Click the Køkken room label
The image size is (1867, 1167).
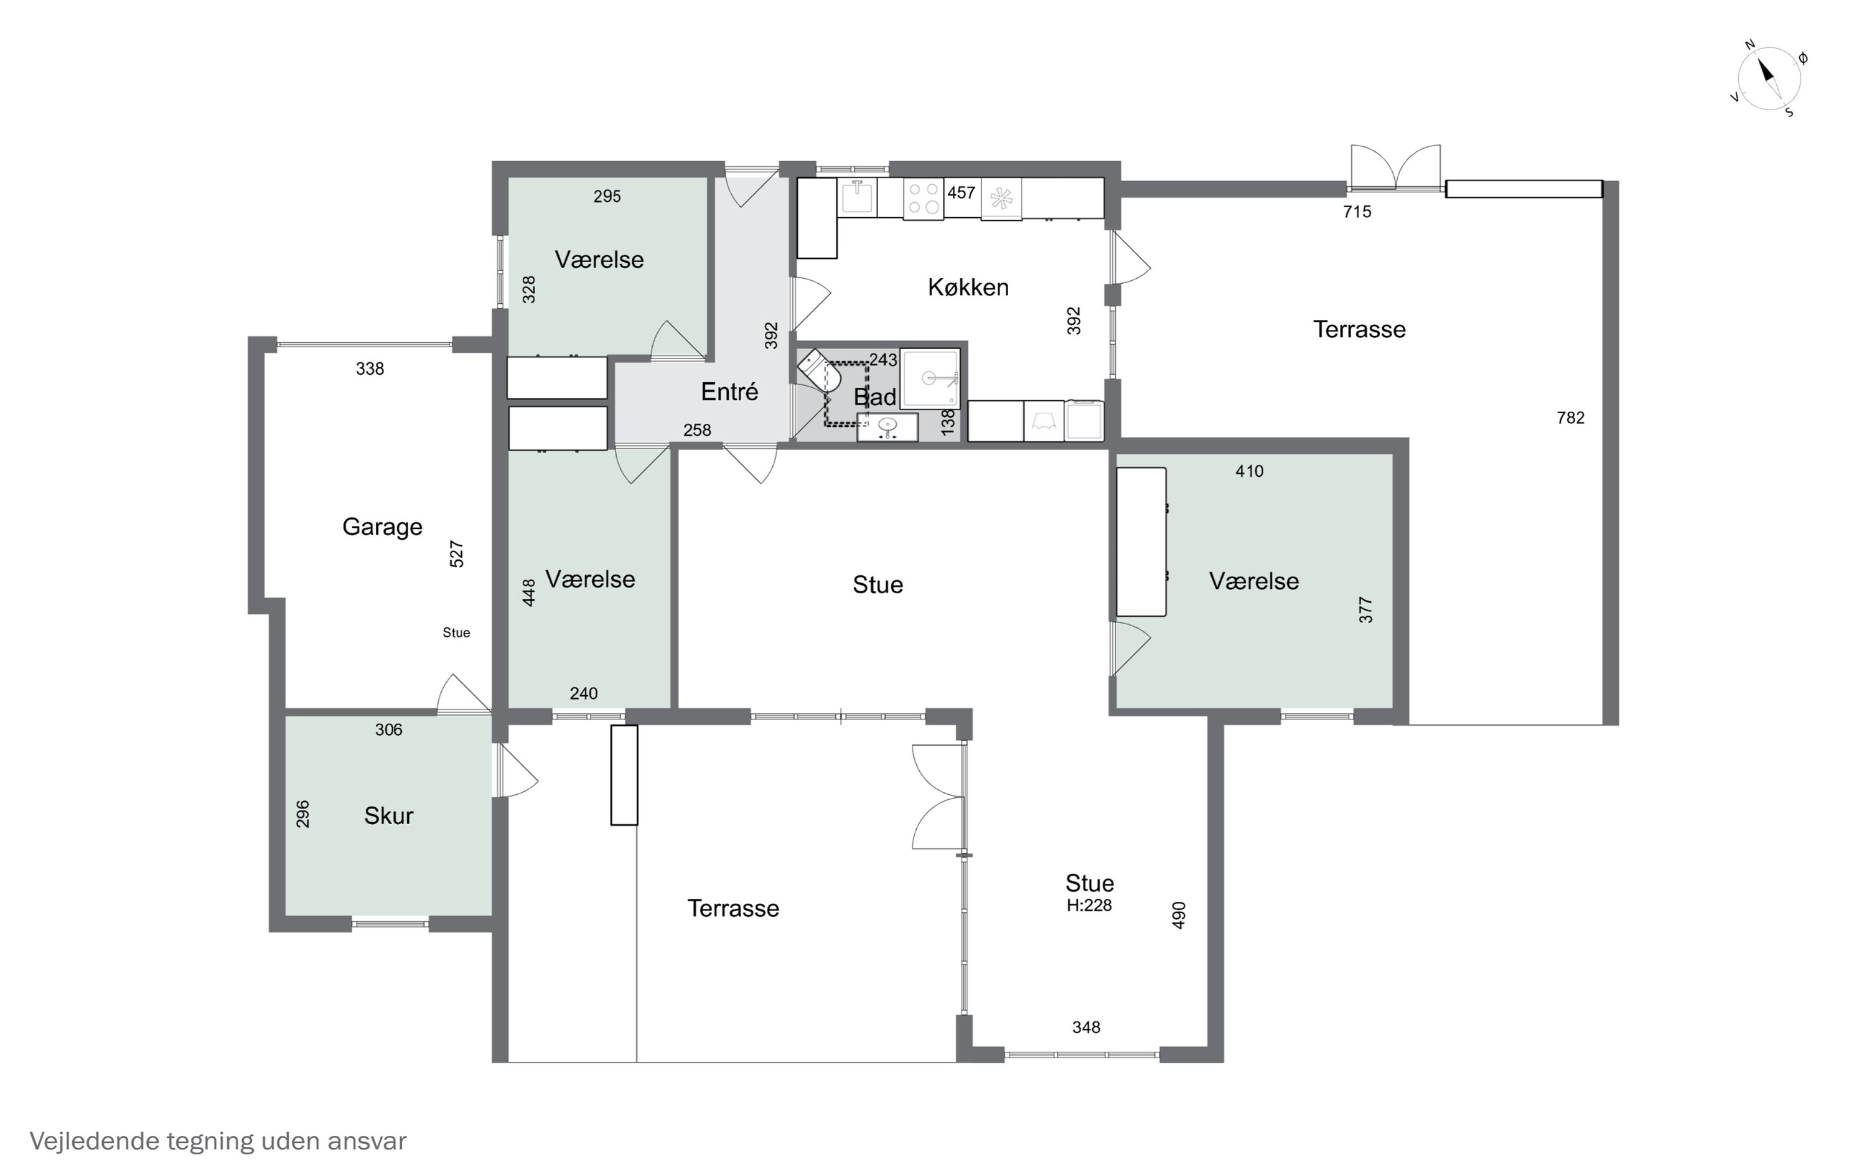(968, 287)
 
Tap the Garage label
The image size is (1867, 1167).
(382, 527)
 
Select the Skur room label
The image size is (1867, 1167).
(389, 815)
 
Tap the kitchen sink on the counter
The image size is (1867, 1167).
(857, 196)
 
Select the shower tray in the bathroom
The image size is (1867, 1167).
(930, 378)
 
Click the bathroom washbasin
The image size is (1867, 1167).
(887, 427)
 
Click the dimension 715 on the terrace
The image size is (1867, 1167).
(1357, 212)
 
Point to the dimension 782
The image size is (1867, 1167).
(1571, 418)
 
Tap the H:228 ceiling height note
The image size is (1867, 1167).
(1089, 906)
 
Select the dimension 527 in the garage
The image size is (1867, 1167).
(457, 554)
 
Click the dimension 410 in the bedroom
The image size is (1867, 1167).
(1249, 471)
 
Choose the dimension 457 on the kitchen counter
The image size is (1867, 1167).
(962, 192)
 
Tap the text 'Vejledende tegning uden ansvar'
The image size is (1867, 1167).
(218, 1141)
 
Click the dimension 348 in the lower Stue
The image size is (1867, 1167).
(1086, 1028)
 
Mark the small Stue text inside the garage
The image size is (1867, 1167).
(457, 633)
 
